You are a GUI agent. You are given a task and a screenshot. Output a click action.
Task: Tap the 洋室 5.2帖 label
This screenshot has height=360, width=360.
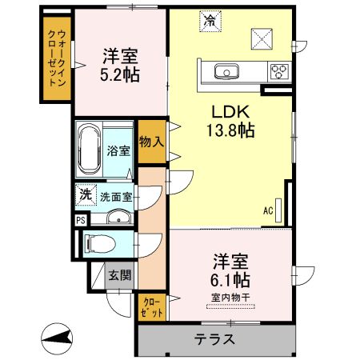tap(120, 66)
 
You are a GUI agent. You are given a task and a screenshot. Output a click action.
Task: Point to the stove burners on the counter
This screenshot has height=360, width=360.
tap(280, 71)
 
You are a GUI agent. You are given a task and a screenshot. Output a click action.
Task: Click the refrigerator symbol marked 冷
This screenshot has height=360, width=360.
tap(209, 20)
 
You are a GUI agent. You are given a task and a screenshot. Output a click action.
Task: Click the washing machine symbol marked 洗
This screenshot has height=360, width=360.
tap(85, 194)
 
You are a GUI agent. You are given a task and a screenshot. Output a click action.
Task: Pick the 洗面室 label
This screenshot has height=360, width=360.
tap(116, 196)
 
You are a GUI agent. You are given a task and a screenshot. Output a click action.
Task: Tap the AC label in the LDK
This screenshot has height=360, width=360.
tap(268, 210)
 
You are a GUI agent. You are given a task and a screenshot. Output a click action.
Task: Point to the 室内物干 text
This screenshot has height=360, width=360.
tap(231, 298)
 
